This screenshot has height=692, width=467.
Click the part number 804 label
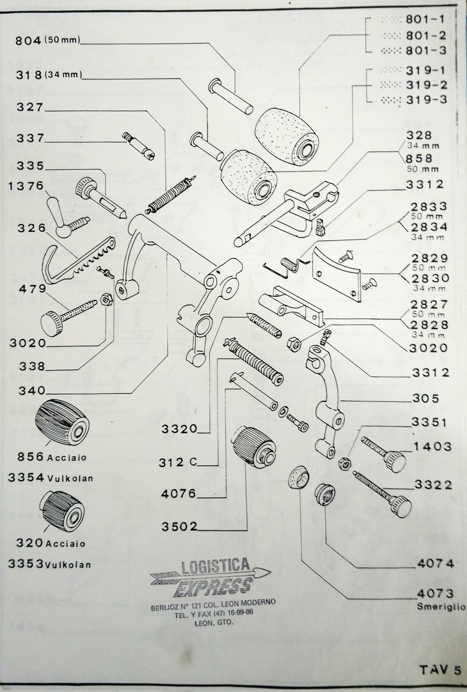pyautogui.click(x=28, y=40)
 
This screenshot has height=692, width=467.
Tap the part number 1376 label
pyautogui.click(x=27, y=186)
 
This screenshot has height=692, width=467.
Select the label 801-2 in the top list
pyautogui.click(x=426, y=36)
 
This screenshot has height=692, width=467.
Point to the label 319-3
pyautogui.click(x=426, y=99)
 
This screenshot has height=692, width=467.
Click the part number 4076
pyautogui.click(x=179, y=494)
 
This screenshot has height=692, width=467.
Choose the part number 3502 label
pyautogui.click(x=179, y=526)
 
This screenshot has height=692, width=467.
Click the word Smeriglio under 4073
pyautogui.click(x=441, y=607)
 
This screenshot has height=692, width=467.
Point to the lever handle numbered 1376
pyautogui.click(x=66, y=218)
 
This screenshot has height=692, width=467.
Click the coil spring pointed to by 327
pyautogui.click(x=171, y=195)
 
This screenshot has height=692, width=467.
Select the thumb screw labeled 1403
pyautogui.click(x=383, y=454)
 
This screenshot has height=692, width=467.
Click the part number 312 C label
pyautogui.click(x=178, y=462)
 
